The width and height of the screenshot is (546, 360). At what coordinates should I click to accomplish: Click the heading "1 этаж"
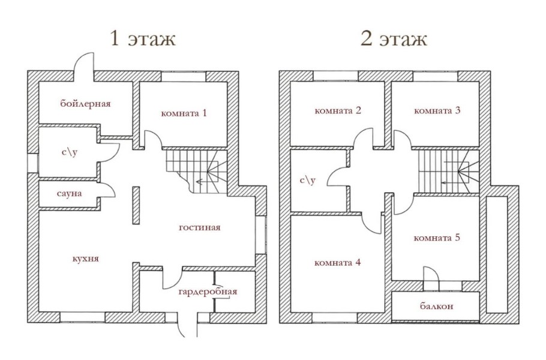tap(142, 40)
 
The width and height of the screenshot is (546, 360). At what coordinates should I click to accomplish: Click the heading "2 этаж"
tap(394, 40)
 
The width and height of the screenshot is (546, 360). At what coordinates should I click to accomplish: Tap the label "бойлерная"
tap(85, 104)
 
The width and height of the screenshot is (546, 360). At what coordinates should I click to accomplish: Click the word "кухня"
tap(85, 259)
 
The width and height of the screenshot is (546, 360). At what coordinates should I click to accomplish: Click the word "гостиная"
tap(200, 227)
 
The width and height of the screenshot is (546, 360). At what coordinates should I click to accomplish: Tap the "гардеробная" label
tap(208, 292)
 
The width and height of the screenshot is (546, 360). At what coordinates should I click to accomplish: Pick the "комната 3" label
tap(437, 110)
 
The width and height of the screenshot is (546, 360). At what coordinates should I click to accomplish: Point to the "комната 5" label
tap(437, 238)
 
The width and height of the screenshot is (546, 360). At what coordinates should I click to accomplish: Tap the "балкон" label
tap(436, 306)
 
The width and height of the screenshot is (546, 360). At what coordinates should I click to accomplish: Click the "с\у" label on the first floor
tap(70, 152)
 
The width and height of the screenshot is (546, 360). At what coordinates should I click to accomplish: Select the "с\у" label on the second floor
tap(308, 180)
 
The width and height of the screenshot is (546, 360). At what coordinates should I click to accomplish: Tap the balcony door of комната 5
tap(431, 274)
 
